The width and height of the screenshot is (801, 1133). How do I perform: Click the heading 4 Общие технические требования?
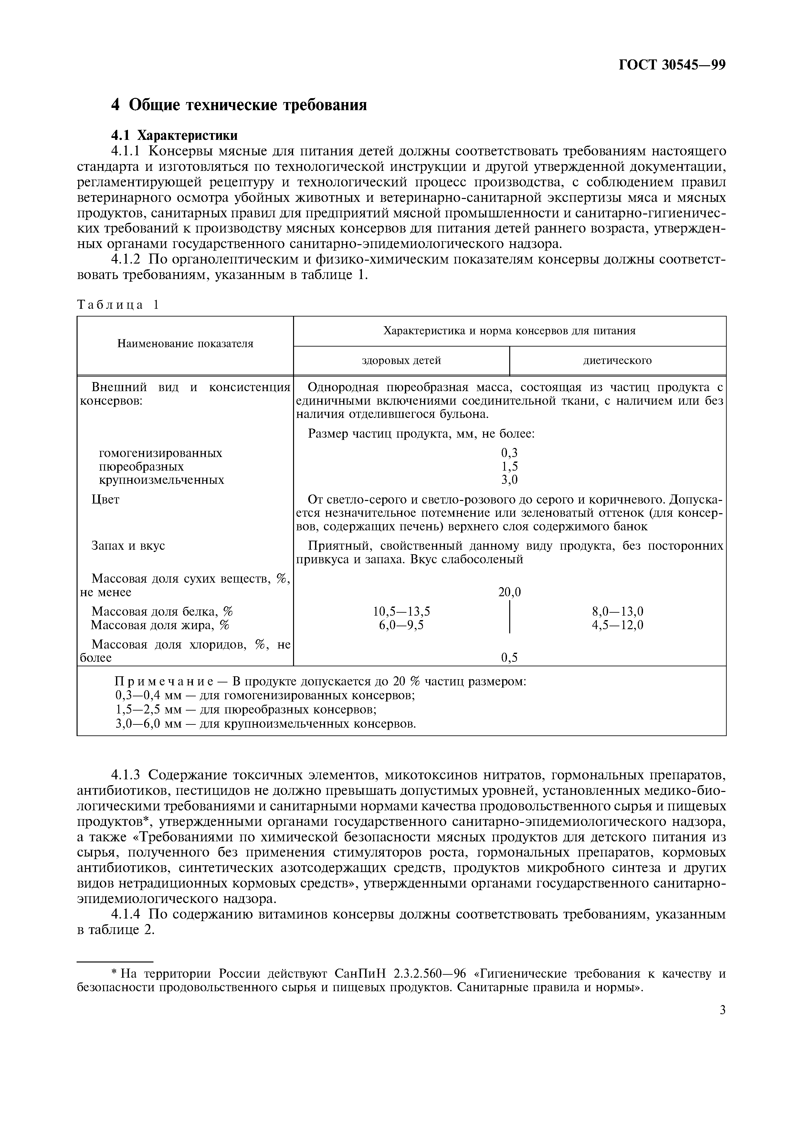(239, 105)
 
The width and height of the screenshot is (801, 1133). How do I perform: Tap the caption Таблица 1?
(119, 305)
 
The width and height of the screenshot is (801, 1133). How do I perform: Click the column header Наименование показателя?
(185, 344)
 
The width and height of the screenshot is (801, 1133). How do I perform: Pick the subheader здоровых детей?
(401, 361)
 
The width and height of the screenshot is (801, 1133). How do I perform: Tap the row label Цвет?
(106, 499)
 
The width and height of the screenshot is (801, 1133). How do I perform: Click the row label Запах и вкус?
(128, 546)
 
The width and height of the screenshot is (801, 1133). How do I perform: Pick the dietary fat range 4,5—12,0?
(617, 625)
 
